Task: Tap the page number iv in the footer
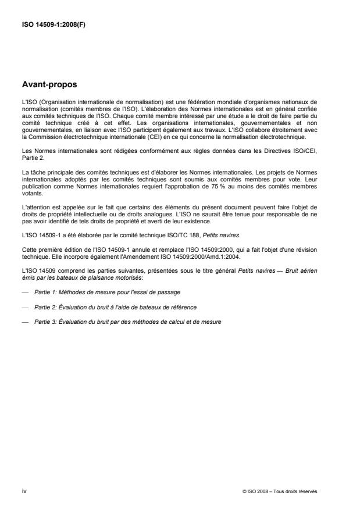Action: tap(23, 490)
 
